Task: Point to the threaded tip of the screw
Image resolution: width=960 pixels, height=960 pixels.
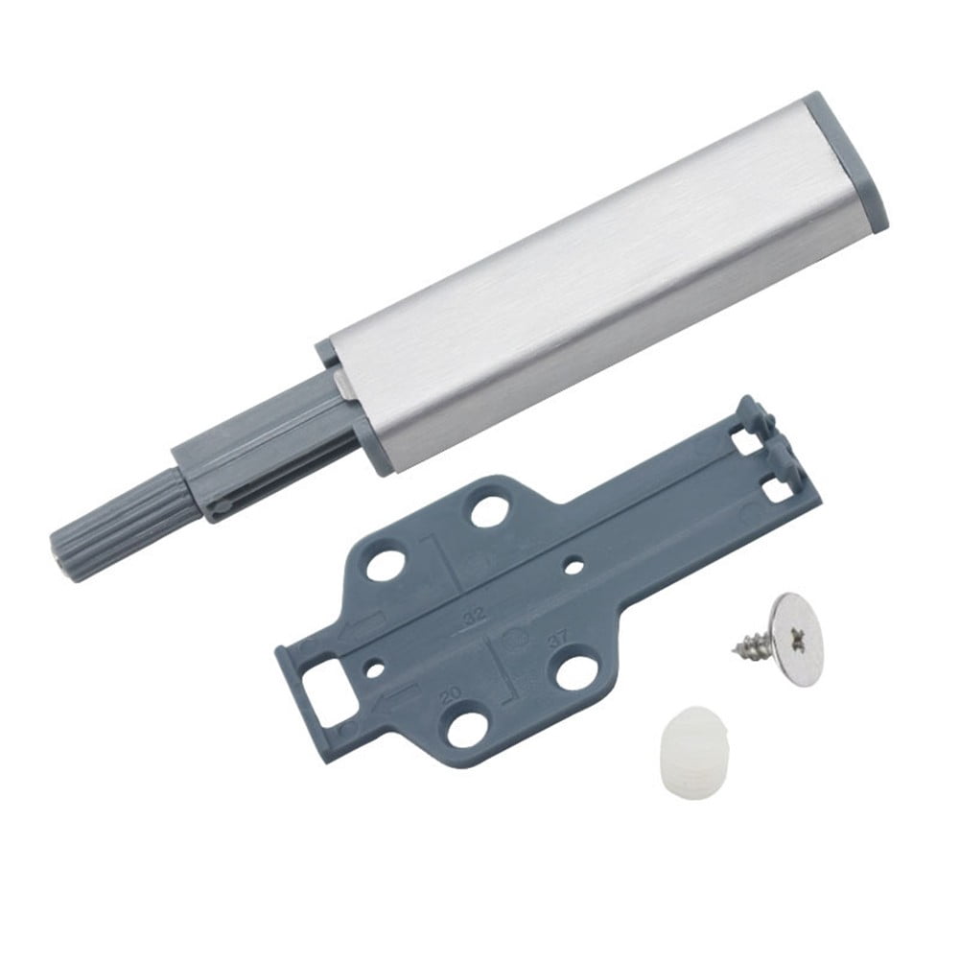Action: (x=739, y=649)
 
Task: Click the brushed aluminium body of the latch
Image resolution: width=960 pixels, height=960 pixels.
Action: (x=595, y=288)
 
